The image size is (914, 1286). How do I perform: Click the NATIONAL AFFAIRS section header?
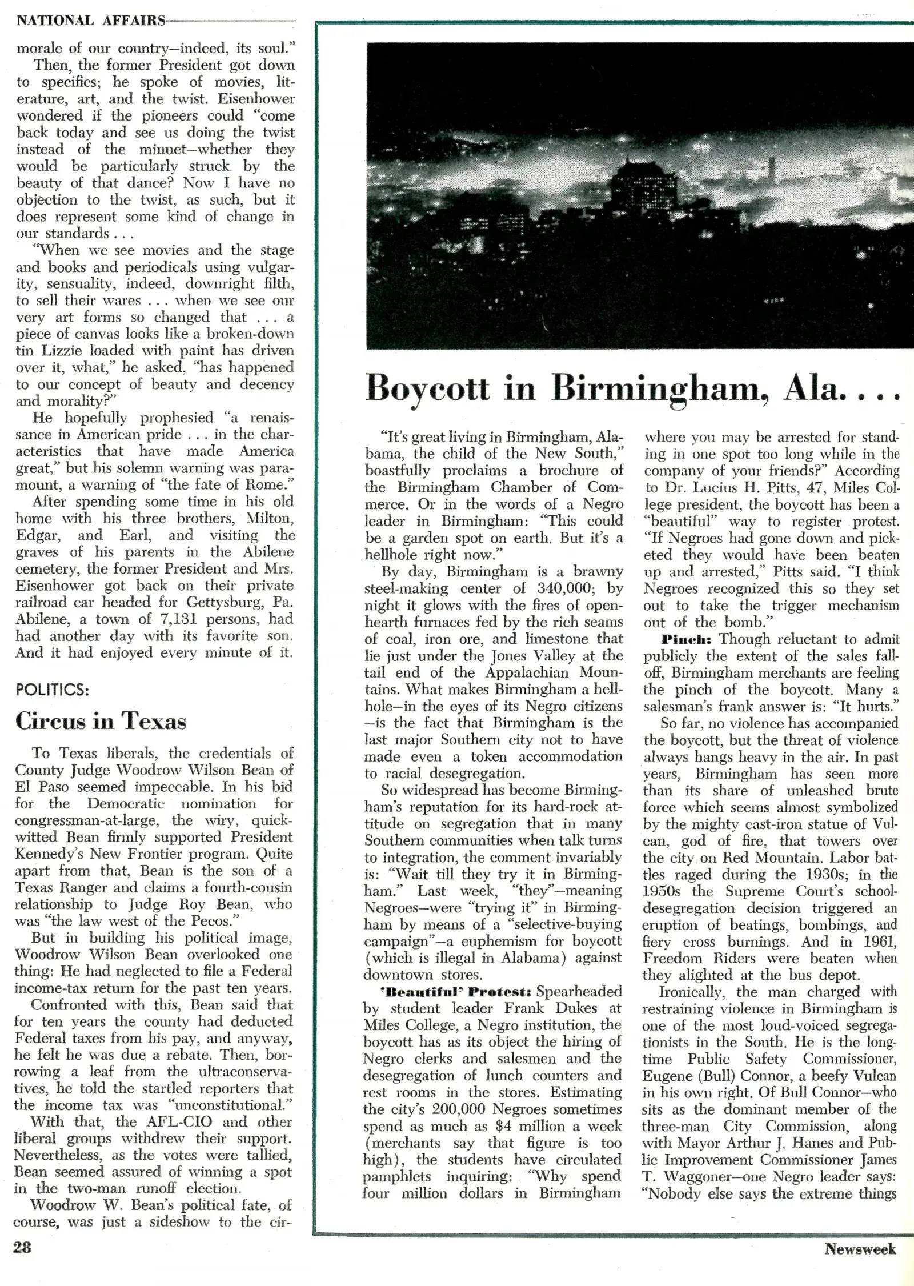click(91, 21)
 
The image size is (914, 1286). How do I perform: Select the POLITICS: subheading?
click(53, 690)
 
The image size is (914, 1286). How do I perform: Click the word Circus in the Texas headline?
click(50, 721)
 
